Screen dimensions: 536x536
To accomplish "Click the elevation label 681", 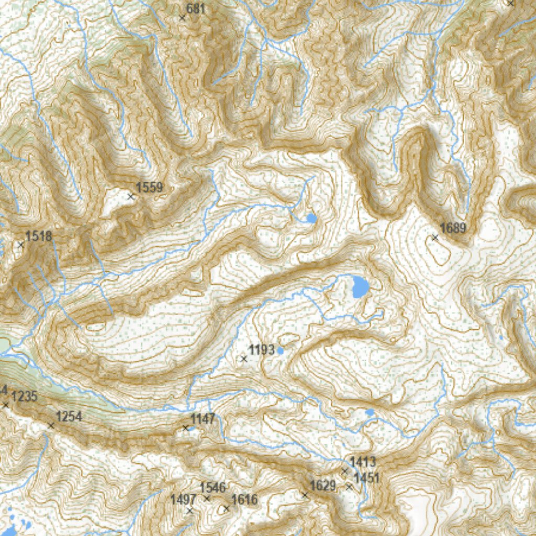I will [x=196, y=9].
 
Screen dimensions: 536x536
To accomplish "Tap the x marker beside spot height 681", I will [x=182, y=18].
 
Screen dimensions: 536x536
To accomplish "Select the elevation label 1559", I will [x=149, y=187].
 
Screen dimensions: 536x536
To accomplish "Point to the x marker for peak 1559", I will [x=131, y=197].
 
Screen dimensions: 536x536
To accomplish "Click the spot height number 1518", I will [x=39, y=236].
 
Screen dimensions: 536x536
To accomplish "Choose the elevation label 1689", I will [x=453, y=228].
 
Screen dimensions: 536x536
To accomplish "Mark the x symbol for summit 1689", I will [x=434, y=238].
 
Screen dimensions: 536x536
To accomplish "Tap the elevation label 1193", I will [x=261, y=350].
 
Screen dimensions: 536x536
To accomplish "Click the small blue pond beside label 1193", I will [x=280, y=351].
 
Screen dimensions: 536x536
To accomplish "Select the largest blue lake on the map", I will [x=360, y=287].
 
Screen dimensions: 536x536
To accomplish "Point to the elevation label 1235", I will [x=24, y=396].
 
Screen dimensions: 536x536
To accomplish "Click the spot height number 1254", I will [x=69, y=417].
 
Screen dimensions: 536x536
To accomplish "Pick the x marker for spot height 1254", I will [x=51, y=426].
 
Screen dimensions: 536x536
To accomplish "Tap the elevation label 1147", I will [x=203, y=419].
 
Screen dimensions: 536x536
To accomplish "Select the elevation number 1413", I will [x=363, y=462].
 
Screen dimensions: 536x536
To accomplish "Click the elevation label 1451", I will [x=366, y=478].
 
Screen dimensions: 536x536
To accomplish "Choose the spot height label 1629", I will [x=322, y=486].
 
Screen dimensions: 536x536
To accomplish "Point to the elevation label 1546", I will [x=213, y=488].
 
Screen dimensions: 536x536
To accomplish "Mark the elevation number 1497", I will [x=183, y=499].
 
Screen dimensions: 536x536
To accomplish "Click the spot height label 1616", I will [x=244, y=499].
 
